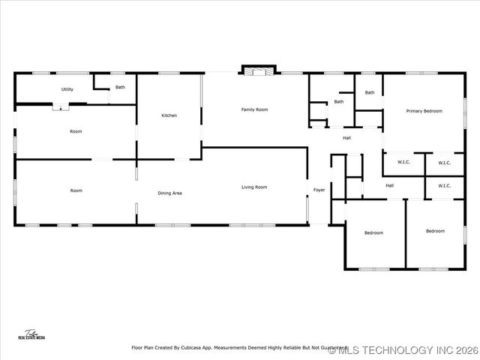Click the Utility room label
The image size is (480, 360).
coord(67,89)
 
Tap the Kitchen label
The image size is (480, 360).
coord(169,115)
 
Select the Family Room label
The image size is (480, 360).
coord(254,109)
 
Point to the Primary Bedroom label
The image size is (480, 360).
coord(424,111)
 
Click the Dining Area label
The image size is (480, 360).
coord(169,193)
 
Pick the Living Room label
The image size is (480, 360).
coord(254,187)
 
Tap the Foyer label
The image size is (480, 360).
coord(319,190)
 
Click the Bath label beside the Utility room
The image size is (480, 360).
coord(120,88)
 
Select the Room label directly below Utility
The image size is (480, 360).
coord(76,131)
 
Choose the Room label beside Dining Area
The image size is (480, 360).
coord(76,190)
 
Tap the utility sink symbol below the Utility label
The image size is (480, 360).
coord(58,106)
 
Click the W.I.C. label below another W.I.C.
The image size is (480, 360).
coord(444,186)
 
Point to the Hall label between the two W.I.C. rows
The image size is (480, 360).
coord(390,186)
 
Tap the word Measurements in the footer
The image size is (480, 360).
coord(232,348)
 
